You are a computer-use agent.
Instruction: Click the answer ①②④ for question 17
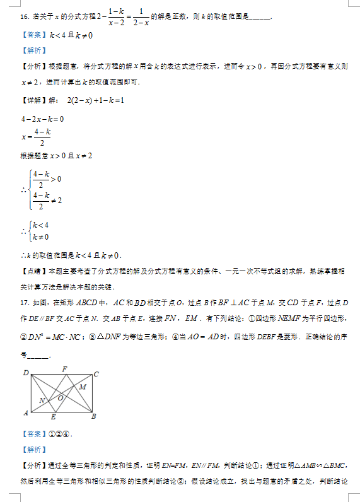point(57,434)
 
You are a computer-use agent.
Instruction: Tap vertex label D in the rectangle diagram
point(26,373)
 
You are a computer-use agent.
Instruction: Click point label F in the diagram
point(64,369)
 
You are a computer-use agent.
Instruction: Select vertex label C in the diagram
point(96,374)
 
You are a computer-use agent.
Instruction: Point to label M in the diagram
point(83,386)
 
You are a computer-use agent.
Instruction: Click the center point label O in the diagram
point(61,398)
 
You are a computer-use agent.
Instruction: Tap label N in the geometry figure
point(42,400)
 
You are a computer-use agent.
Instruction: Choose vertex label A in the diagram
point(25,413)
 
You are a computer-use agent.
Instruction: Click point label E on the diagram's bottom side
point(53,417)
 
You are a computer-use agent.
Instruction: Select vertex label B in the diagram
point(94,416)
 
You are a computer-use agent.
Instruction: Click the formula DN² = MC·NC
point(54,337)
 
